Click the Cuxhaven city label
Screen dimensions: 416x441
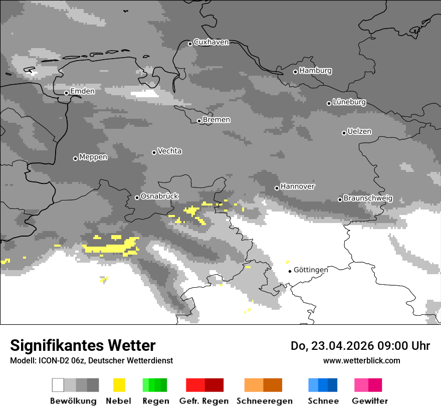211,42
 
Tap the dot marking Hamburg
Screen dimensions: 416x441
295,72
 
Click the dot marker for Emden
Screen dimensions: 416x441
66,93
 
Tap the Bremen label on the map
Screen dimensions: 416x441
216,120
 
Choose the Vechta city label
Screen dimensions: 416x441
169,151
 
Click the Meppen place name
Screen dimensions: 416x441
93,157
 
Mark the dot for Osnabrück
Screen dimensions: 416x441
137,197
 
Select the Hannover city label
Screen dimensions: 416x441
298,186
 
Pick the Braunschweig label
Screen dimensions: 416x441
368,198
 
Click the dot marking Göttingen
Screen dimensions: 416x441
290,271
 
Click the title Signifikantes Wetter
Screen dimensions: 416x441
83,346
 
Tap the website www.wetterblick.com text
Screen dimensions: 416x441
361,360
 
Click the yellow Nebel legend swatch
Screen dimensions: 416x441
119,385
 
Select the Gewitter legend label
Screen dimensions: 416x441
369,401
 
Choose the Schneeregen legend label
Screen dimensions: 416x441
264,401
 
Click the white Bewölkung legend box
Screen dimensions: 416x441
58,385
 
